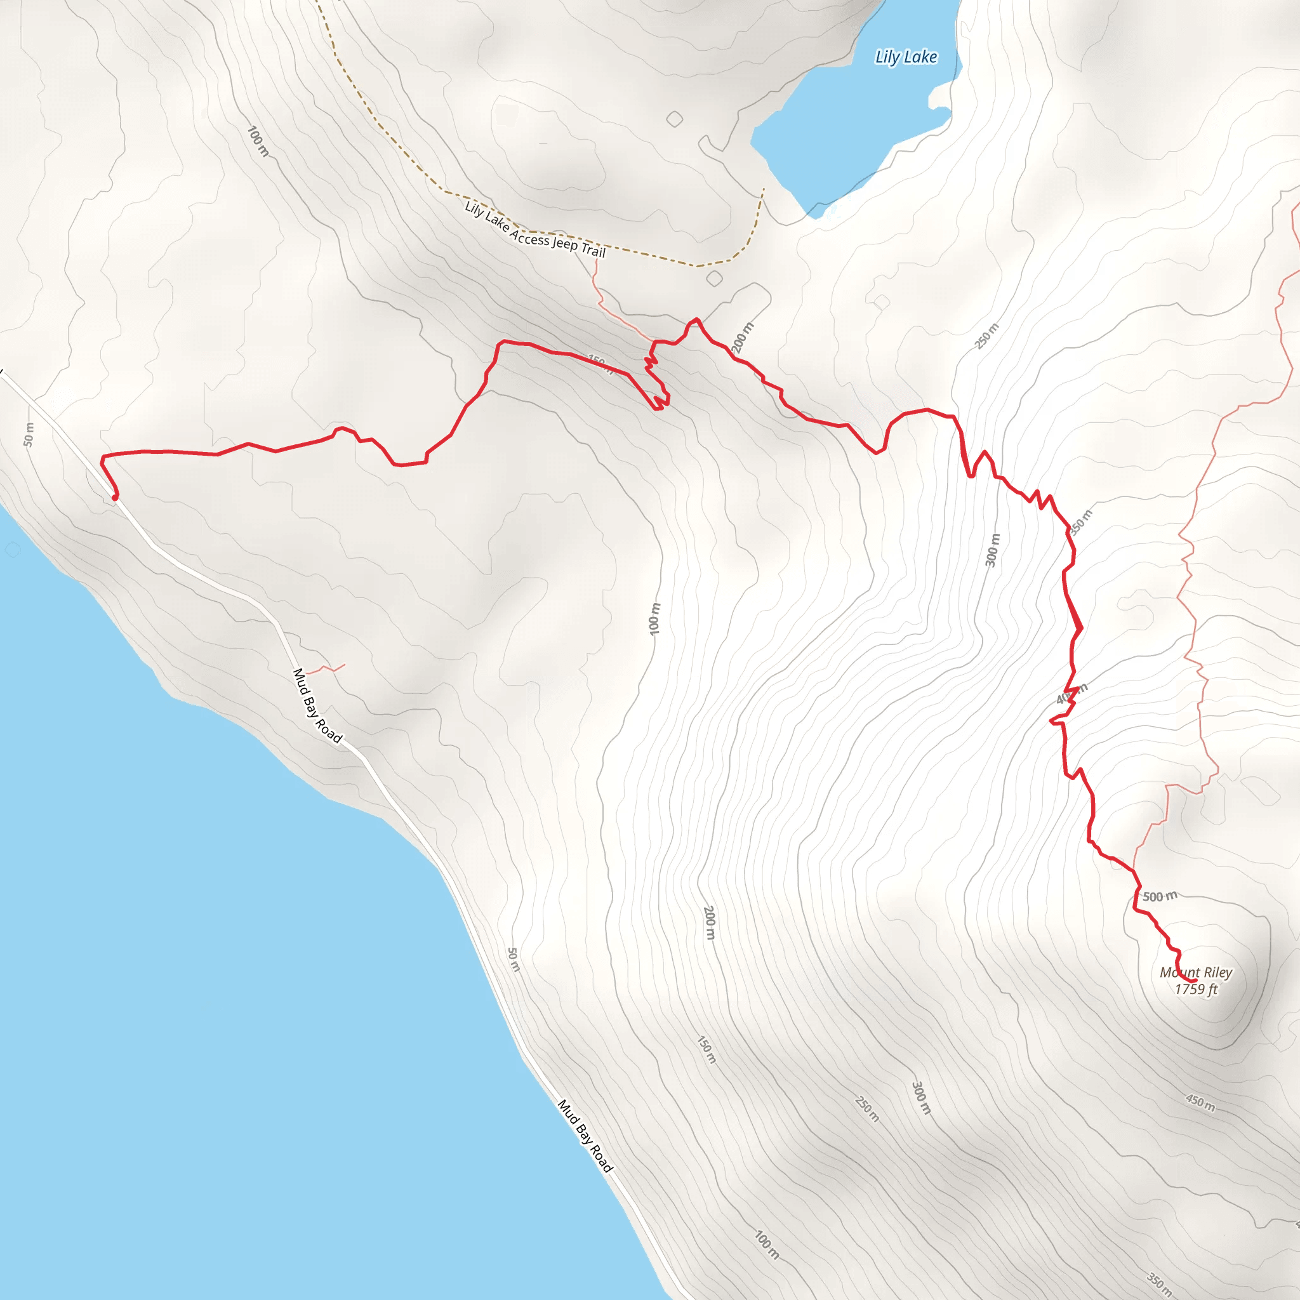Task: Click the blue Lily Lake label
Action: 906,57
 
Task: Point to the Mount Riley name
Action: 1196,972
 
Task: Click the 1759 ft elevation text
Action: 1196,989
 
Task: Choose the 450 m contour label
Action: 1200,1103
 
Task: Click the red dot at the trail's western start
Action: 115,498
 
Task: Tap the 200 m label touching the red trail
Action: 742,337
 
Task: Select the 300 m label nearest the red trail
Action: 993,550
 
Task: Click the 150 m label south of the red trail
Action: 706,1050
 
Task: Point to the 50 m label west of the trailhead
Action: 29,435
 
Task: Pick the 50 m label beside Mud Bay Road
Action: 514,960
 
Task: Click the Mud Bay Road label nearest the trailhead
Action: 317,706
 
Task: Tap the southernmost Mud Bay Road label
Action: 585,1136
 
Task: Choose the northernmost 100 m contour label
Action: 258,142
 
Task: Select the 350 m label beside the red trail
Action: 1080,522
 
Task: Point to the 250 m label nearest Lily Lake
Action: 987,336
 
